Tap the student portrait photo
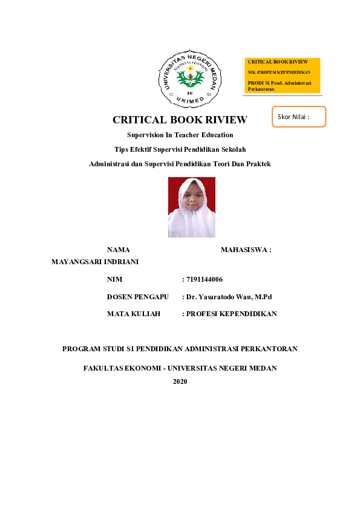(x=192, y=207)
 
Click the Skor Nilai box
(x=299, y=117)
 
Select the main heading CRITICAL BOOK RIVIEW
(x=180, y=120)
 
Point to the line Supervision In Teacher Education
(x=180, y=135)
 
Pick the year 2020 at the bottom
(x=180, y=381)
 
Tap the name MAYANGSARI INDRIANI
(x=96, y=262)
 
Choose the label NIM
(x=114, y=279)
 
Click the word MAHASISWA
(x=244, y=249)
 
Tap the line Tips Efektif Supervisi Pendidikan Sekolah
(x=180, y=149)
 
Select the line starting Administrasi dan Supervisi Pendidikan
(x=180, y=164)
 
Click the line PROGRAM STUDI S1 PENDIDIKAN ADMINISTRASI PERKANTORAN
(x=180, y=349)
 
